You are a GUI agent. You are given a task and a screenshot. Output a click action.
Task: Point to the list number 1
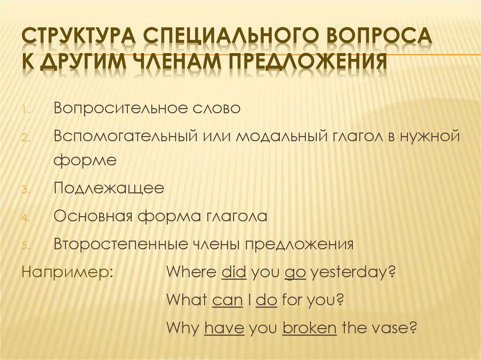[x=26, y=110]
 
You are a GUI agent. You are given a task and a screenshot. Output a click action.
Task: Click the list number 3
[x=25, y=191]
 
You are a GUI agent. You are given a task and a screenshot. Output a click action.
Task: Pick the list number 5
[x=25, y=246]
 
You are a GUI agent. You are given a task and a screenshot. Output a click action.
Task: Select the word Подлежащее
[x=109, y=189]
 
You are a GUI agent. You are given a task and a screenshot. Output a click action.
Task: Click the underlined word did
[x=233, y=272]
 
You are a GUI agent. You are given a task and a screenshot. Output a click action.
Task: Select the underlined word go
[x=295, y=272]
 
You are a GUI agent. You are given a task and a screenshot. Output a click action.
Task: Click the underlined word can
[x=227, y=299]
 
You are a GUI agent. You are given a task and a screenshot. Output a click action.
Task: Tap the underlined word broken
[x=310, y=327]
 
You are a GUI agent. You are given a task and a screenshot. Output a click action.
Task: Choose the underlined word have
[x=225, y=327]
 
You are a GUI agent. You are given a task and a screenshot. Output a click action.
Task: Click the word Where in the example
[x=191, y=272]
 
